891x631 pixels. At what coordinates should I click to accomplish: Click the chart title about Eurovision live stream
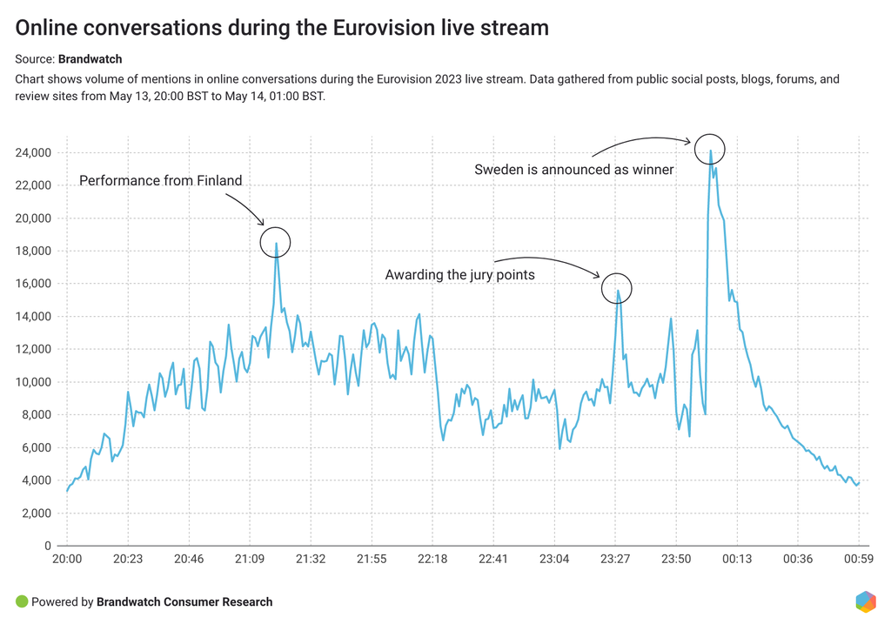click(283, 28)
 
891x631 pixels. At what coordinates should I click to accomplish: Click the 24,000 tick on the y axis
click(34, 153)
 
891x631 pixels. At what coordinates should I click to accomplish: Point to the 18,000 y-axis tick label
click(34, 252)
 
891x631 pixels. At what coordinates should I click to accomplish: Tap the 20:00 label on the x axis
click(67, 559)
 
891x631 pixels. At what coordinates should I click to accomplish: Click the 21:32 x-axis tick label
click(311, 559)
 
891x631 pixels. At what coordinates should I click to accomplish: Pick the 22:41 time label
click(493, 559)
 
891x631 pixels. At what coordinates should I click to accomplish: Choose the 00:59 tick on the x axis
click(859, 559)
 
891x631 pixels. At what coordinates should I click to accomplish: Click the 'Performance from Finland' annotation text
click(161, 181)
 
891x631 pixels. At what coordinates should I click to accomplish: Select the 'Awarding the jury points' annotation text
click(459, 275)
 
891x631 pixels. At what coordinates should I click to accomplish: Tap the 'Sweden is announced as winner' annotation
click(574, 170)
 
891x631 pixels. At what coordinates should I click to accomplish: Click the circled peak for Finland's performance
click(277, 243)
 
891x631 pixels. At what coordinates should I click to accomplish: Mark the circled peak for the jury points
click(617, 289)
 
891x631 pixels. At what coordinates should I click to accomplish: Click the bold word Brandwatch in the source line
click(90, 60)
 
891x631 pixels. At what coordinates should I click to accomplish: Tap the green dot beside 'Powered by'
click(22, 601)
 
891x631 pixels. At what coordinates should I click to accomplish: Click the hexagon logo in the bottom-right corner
click(865, 601)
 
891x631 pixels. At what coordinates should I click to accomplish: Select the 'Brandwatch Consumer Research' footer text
click(184, 601)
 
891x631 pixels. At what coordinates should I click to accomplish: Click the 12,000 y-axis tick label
click(34, 350)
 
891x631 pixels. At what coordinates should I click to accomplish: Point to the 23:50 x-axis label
click(676, 559)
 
